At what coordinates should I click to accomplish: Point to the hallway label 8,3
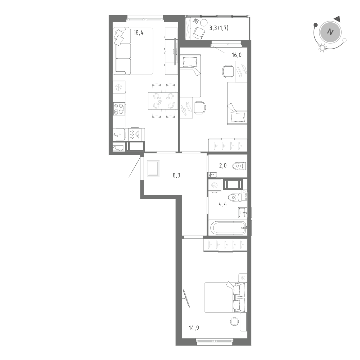point(177,176)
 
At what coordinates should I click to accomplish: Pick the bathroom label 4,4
point(223,203)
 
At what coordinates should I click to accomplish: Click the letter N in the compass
point(329,32)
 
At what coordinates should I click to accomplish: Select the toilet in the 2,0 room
point(239,166)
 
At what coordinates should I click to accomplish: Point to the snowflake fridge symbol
point(119,87)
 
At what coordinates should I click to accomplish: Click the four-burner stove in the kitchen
point(119,109)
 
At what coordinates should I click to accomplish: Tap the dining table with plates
point(163,100)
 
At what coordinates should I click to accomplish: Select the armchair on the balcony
point(198,33)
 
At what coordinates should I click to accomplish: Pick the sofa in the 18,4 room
point(122,51)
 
